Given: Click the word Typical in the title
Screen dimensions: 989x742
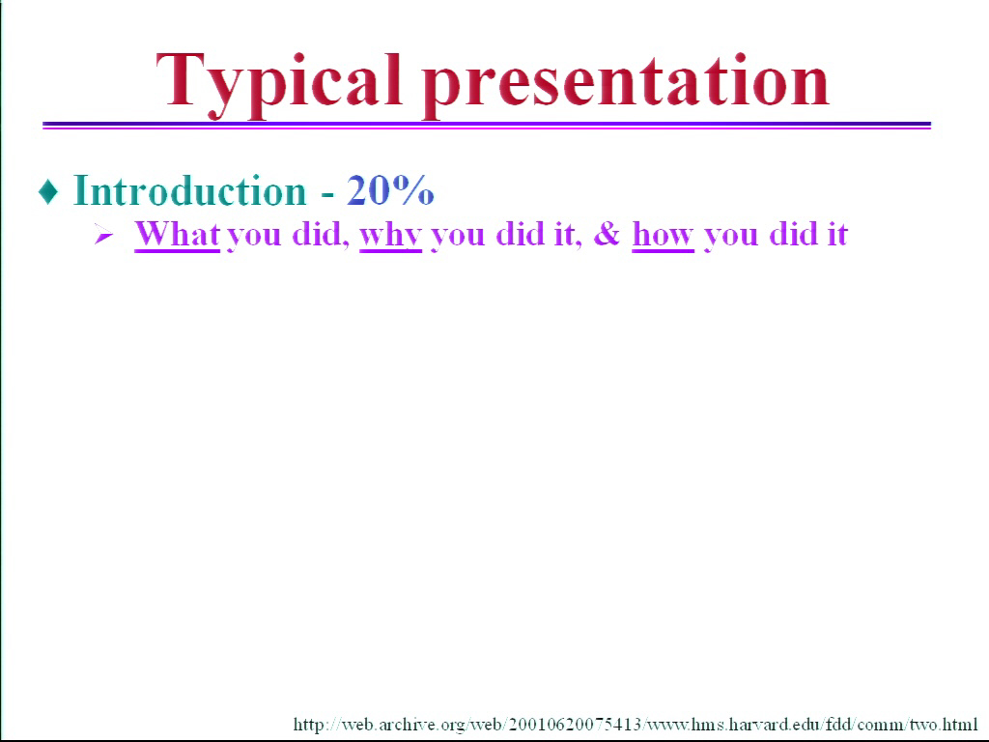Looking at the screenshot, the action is point(278,85).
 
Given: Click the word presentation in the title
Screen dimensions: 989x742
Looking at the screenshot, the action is point(625,86).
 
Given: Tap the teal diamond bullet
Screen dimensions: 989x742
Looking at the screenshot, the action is point(48,191).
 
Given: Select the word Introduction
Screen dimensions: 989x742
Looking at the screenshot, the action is point(190,190).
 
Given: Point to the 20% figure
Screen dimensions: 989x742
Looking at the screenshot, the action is point(390,190).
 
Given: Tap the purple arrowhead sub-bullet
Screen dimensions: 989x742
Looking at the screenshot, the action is point(103,236).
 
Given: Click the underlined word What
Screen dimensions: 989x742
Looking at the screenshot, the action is point(178,235).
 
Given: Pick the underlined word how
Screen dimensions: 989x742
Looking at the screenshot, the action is point(663,236).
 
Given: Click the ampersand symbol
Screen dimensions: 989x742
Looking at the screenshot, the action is point(607,234).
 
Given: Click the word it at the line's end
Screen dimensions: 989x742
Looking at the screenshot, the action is point(835,234).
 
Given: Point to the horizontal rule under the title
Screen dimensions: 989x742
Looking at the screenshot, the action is point(487,126).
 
